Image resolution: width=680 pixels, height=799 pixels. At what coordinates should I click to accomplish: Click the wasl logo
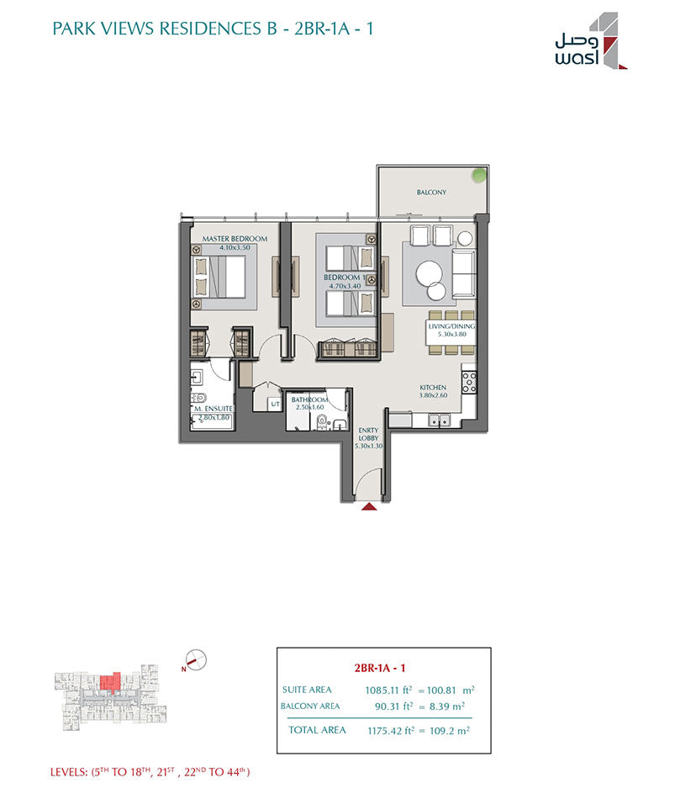point(591,40)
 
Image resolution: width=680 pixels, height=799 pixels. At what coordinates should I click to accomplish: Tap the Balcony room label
point(431,192)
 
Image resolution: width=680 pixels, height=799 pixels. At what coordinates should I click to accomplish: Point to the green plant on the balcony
point(479,175)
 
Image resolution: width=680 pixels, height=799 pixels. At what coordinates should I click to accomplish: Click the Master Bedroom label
point(235,239)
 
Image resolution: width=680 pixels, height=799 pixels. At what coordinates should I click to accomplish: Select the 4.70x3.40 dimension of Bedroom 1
point(345,286)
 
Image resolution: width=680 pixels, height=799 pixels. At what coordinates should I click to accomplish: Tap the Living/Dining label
point(451,326)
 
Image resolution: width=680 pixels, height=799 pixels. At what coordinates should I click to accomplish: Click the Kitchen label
point(433,387)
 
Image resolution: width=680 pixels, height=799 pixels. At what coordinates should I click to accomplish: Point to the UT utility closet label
point(275,404)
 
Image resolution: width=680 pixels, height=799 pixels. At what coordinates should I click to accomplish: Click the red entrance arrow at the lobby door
point(369,506)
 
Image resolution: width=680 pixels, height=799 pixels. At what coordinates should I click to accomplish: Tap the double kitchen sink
point(439,421)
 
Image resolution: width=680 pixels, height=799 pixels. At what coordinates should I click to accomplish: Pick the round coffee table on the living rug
point(429,274)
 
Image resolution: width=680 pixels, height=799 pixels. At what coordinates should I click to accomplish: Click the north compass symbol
point(196,660)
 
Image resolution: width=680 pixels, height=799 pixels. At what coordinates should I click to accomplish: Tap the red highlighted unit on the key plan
point(110,682)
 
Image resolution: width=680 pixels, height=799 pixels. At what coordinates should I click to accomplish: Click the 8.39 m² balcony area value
point(447,706)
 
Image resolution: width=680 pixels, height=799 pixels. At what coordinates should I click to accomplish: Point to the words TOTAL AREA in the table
point(317,730)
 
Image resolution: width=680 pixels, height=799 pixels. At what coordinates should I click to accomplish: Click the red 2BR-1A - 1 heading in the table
point(380,668)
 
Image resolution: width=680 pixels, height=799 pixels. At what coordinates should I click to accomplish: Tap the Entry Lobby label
point(368,434)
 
